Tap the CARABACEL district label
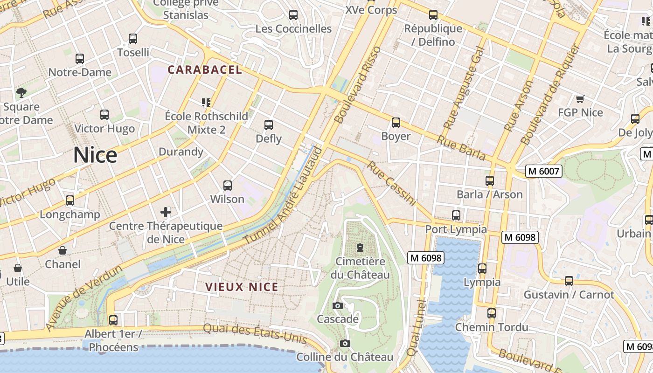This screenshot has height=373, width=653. point(205,70)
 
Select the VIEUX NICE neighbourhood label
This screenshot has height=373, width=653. point(242,287)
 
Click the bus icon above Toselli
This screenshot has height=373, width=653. point(133,39)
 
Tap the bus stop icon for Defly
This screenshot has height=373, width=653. point(269,125)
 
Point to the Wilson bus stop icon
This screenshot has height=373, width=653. point(227,186)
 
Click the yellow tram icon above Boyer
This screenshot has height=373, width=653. point(396,123)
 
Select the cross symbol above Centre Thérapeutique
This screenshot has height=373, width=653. point(166,213)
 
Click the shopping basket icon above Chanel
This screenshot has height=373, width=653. point(63,251)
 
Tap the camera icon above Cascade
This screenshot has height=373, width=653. point(338,306)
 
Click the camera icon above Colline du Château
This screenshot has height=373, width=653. point(345,344)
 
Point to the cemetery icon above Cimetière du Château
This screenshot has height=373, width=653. point(360,248)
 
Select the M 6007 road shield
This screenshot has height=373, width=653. point(543,171)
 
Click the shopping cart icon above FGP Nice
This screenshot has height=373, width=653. point(580,99)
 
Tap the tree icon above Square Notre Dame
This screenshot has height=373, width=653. point(21,93)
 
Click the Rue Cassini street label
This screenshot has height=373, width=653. point(391,183)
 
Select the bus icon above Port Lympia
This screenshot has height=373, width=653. point(456,215)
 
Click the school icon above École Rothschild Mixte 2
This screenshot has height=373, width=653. point(206,102)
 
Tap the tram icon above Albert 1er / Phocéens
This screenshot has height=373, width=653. point(113,320)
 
